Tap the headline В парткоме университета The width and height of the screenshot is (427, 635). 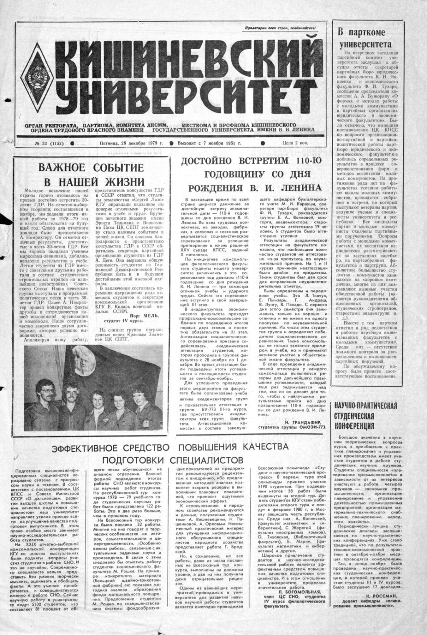tap(364, 38)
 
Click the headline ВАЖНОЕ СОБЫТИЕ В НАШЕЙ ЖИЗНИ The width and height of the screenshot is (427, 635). tap(90, 175)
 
